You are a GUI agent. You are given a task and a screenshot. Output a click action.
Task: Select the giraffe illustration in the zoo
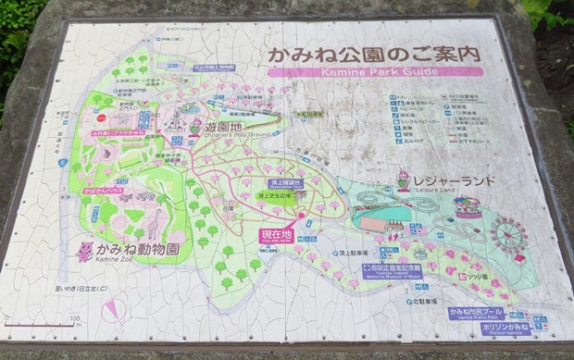(154, 223)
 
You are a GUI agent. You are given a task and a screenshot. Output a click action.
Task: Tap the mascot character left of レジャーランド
(402, 179)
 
